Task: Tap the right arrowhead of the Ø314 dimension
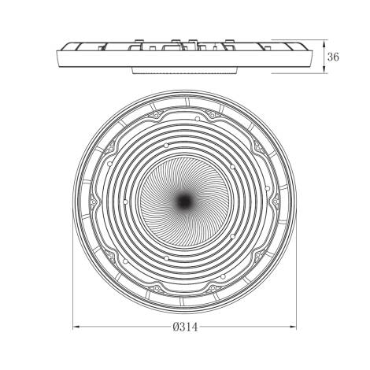[x=292, y=327]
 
